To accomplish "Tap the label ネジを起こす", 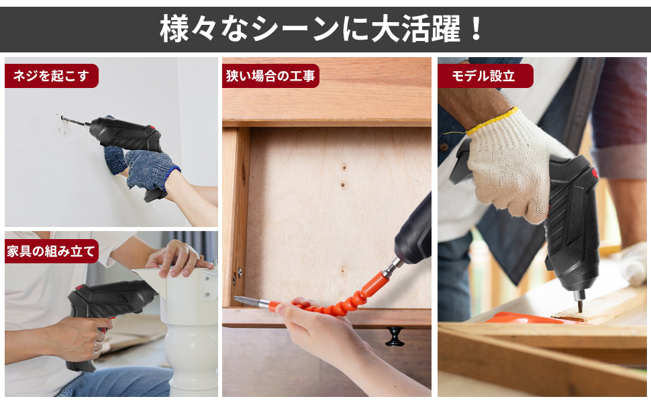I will click(x=51, y=76).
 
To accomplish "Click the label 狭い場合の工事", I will click(x=270, y=76).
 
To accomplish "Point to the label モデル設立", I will click(x=485, y=76).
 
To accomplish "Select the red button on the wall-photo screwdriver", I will click(x=153, y=129).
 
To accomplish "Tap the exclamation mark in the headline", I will click(x=475, y=29).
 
